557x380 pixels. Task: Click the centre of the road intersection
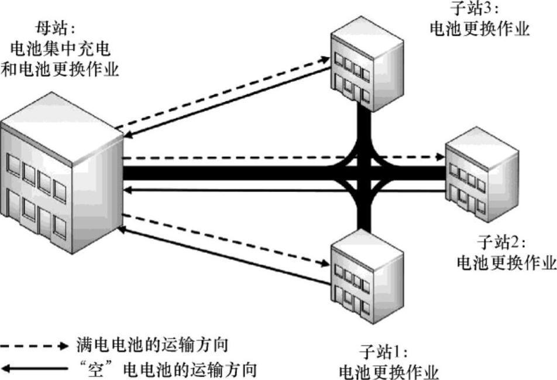pos(363,173)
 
